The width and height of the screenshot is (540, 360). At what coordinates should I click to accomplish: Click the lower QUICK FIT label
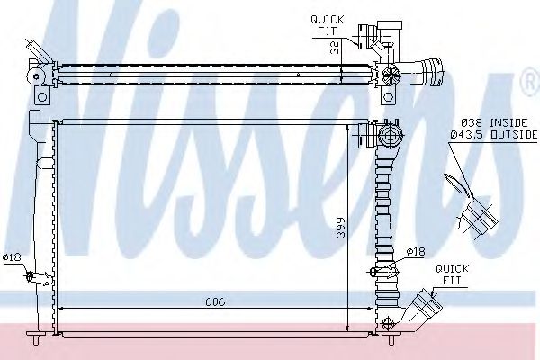450,274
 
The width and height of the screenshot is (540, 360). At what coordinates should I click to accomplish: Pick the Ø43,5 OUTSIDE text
490,134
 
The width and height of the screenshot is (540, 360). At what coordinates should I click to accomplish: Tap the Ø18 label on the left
12,258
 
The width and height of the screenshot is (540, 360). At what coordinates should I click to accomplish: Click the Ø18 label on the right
415,251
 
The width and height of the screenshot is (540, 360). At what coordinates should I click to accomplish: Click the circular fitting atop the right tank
391,137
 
